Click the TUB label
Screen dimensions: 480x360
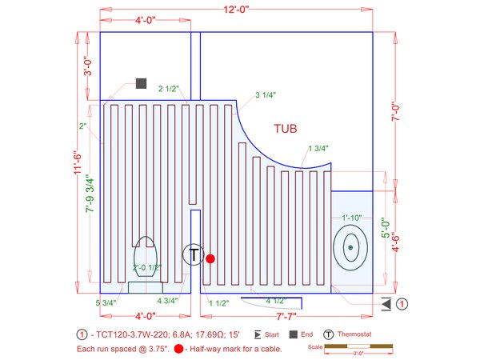coord(286,129)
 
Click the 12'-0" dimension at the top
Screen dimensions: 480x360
coord(236,9)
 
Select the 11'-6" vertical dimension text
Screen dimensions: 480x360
coord(78,163)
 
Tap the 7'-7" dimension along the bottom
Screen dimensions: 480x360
coord(286,316)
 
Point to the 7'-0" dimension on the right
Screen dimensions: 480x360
coord(396,111)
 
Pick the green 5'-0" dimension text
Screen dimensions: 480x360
coord(386,227)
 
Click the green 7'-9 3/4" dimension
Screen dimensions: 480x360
coord(90,194)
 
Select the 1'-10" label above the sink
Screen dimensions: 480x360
coord(352,218)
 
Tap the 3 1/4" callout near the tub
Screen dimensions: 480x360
coord(266,95)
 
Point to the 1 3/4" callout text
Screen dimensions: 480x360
coord(318,149)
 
